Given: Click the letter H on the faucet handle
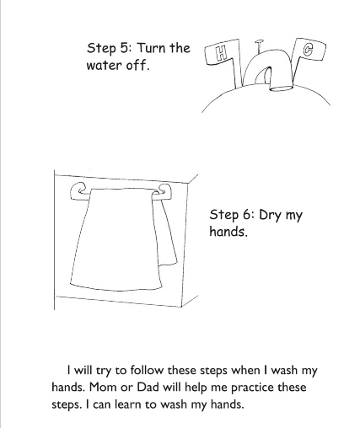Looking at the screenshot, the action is tap(222, 54).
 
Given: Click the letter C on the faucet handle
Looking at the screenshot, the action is tap(308, 50).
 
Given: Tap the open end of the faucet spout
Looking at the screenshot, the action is tap(281, 88).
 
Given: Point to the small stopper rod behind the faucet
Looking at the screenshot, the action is tap(259, 46).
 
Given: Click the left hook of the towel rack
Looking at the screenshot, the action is tap(78, 191).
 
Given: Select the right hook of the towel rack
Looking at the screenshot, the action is tap(163, 192).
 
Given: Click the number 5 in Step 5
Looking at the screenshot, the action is tap(124, 48).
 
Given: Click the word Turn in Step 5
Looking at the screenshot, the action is tap(151, 48).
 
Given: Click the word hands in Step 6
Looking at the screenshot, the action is tap(228, 232).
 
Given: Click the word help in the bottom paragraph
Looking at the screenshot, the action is tap(196, 388).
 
